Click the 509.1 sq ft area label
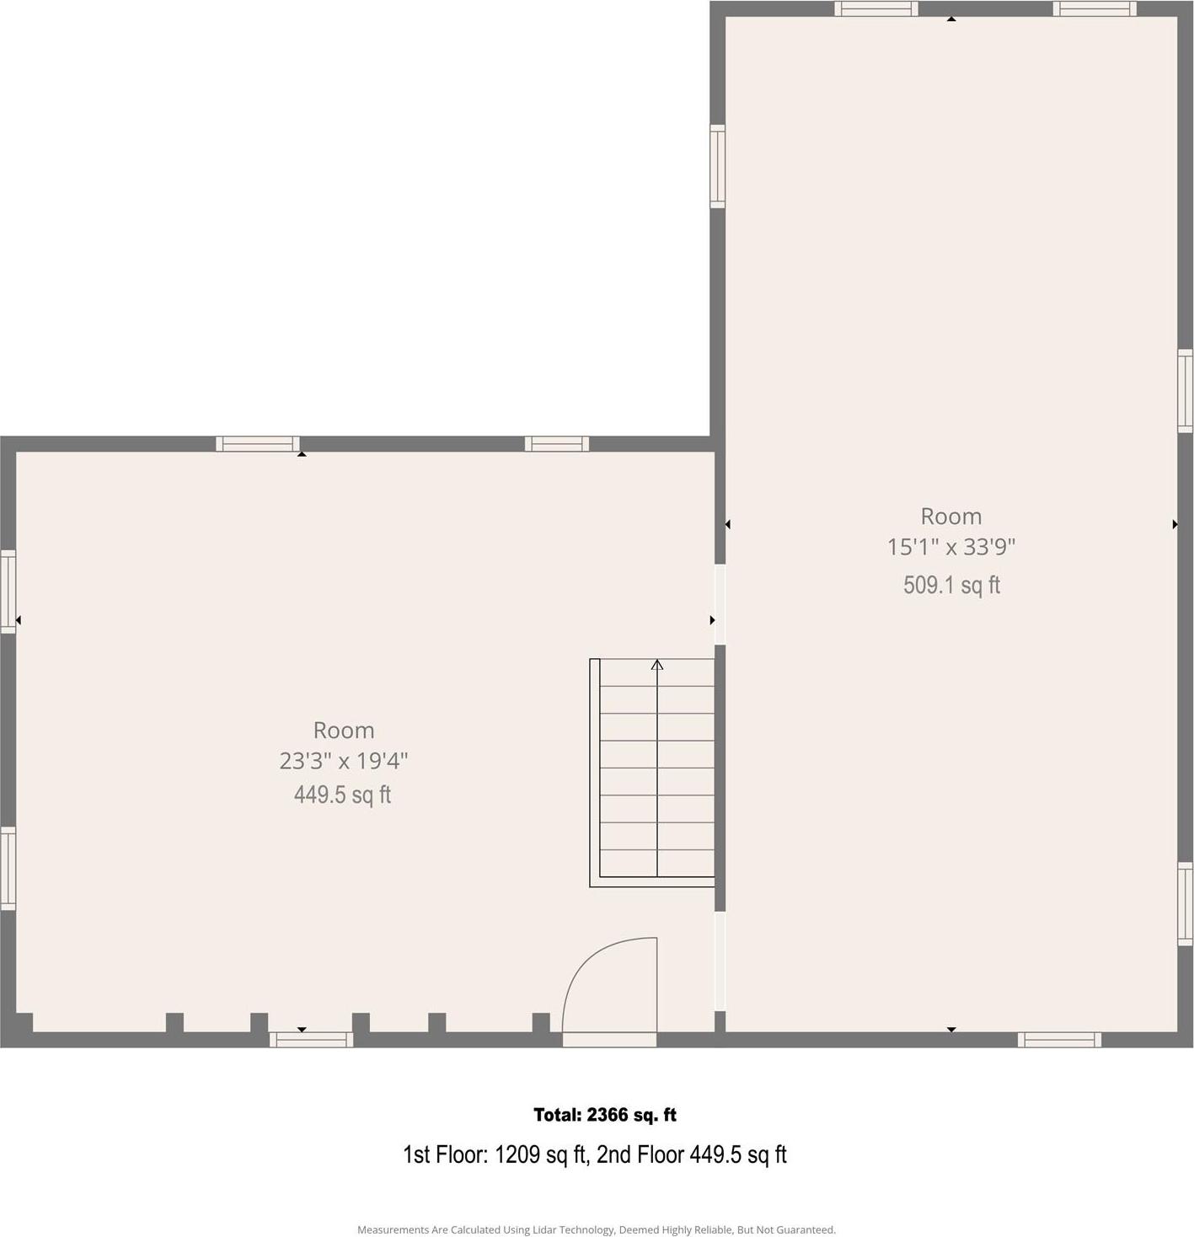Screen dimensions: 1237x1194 (x=951, y=585)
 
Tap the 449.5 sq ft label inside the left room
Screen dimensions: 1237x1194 (x=342, y=795)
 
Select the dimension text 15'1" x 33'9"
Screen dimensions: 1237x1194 (x=950, y=547)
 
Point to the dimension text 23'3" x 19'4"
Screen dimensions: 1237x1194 (x=343, y=761)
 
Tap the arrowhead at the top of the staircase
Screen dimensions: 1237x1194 (x=657, y=665)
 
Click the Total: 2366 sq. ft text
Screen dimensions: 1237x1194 (x=605, y=1115)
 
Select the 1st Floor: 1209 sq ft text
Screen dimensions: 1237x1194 (x=495, y=1154)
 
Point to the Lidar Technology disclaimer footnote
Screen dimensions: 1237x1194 (x=597, y=1229)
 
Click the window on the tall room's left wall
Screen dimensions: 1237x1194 (x=717, y=166)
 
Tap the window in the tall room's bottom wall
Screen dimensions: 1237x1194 (x=1059, y=1040)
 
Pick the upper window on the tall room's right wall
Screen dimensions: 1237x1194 (x=1185, y=391)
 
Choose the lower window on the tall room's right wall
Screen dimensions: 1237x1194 (x=1185, y=902)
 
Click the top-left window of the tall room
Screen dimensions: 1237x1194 (x=876, y=8)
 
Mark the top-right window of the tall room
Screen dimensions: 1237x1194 (x=1095, y=8)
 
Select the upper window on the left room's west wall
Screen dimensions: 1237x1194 (x=8, y=591)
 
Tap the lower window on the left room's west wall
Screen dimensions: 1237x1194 (x=8, y=868)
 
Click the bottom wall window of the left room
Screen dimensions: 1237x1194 (x=311, y=1040)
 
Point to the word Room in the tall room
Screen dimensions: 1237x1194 (x=950, y=516)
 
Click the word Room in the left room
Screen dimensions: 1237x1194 (x=343, y=730)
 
